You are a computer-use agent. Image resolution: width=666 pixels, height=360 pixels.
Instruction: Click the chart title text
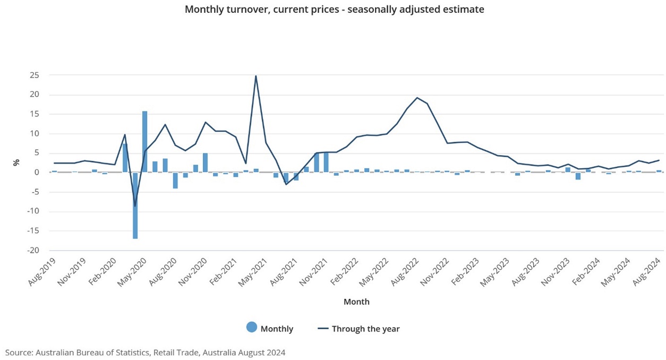[334, 10]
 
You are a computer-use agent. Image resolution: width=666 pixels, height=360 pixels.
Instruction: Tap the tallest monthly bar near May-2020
[144, 141]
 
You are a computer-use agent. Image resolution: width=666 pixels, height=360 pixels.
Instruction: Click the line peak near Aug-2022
[417, 98]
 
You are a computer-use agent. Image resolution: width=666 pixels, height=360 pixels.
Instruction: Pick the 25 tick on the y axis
[34, 75]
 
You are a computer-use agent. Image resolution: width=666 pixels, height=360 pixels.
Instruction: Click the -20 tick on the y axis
[32, 250]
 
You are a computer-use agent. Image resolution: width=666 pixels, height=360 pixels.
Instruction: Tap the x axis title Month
[356, 302]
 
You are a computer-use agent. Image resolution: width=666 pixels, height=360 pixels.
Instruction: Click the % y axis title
[16, 162]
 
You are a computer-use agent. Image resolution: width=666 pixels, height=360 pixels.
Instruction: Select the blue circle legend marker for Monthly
[252, 328]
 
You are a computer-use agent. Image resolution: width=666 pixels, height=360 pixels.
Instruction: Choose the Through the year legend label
[365, 329]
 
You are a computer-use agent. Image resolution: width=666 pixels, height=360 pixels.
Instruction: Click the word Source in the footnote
[19, 353]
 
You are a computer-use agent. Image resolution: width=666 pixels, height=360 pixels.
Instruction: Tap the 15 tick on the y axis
[34, 114]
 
